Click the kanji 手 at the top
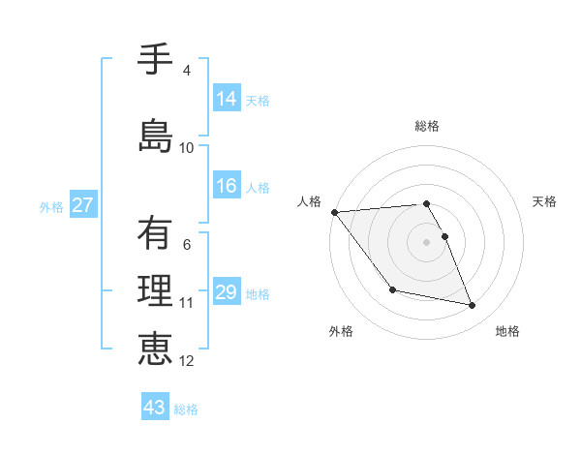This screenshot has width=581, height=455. (155, 61)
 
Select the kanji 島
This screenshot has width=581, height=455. (155, 136)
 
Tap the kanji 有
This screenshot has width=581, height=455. (155, 232)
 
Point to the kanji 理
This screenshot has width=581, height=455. (155, 290)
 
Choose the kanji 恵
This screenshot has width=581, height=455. (155, 349)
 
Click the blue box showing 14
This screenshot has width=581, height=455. (227, 99)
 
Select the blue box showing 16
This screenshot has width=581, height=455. (227, 186)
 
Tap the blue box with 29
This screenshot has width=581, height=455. (227, 292)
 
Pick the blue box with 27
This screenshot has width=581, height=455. (82, 205)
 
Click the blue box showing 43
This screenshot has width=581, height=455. (155, 408)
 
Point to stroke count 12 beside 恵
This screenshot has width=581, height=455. (187, 361)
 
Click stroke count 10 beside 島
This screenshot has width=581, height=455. (187, 148)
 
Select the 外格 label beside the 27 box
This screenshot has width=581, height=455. (51, 206)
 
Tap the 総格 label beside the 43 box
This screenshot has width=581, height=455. (186, 409)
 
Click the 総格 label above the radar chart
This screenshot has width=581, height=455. (426, 126)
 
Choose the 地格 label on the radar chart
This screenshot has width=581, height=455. (507, 331)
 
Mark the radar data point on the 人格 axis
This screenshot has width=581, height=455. (334, 212)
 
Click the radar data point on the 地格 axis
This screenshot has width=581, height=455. (473, 306)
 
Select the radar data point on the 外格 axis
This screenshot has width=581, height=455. (392, 289)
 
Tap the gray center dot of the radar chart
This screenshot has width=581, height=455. (426, 241)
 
